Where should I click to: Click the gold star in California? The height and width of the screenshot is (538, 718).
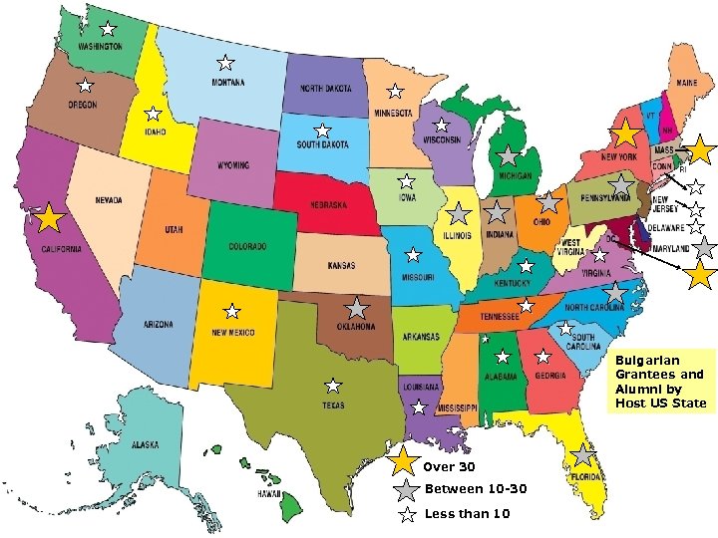[x=47, y=218]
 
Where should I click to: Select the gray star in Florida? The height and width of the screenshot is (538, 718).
[x=582, y=455]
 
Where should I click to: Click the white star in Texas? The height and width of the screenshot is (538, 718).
[x=333, y=386]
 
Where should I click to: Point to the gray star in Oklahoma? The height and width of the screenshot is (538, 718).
[x=357, y=309]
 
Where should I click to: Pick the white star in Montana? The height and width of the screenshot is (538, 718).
[x=226, y=62]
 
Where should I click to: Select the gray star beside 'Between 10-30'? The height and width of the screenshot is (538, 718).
[x=405, y=490]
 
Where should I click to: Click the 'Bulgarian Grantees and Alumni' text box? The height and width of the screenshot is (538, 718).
[x=659, y=381]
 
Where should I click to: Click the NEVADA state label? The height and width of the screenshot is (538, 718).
[x=109, y=200]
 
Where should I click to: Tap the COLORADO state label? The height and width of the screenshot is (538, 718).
[x=247, y=246]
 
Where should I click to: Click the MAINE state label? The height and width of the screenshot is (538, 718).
[x=686, y=83]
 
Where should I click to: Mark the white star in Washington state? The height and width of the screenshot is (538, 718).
[x=108, y=29]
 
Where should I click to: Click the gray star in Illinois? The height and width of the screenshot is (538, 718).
[x=458, y=213]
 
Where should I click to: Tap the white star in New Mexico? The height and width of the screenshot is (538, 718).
[x=231, y=312]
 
